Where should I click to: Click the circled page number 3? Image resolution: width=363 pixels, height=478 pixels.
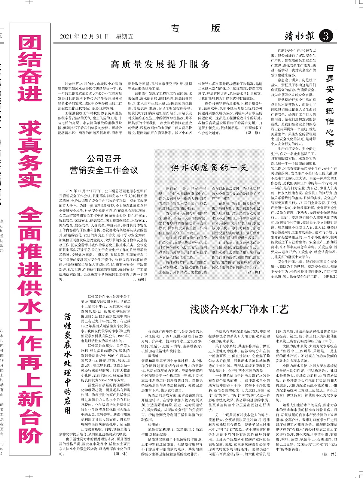325,36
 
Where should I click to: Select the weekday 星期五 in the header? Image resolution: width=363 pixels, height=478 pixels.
124,36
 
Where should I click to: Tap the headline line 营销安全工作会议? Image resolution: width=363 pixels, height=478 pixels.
104,170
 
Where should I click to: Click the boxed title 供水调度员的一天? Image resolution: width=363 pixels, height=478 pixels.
210,167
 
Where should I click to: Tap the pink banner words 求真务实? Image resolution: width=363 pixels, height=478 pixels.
30,155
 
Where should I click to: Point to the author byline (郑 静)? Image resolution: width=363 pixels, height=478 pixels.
253,133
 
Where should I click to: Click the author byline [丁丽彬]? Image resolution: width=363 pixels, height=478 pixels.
138,279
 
